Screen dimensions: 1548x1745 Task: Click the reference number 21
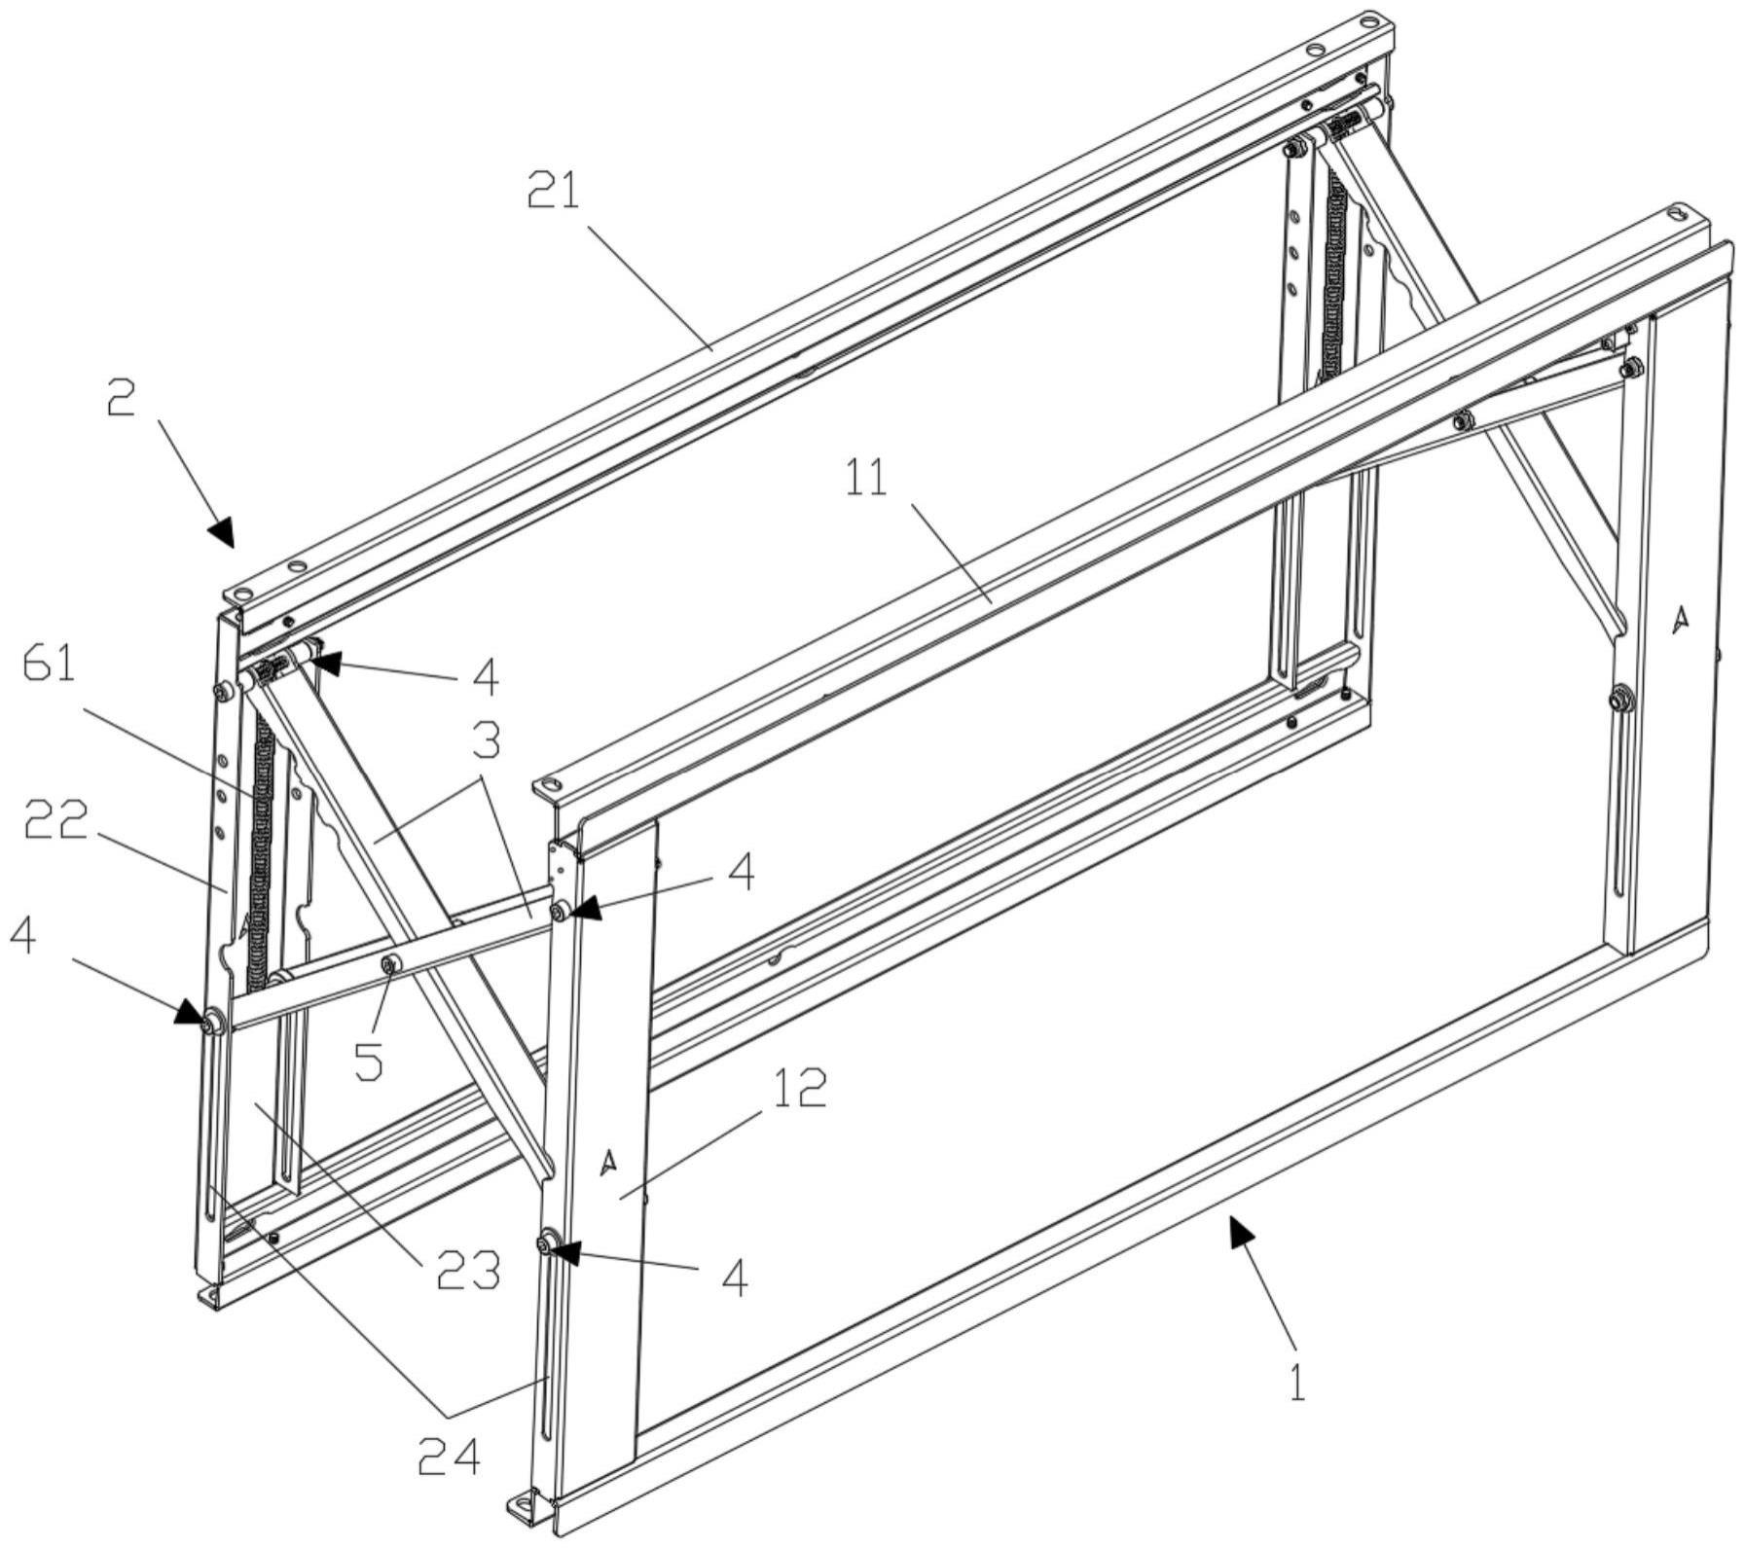pos(553,190)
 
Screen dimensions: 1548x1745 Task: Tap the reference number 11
pos(865,478)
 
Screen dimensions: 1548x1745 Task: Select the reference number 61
pos(52,666)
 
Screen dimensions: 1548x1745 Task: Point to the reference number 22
pos(55,820)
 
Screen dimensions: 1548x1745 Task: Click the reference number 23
pos(467,1269)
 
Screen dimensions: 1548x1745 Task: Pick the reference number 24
pos(449,1456)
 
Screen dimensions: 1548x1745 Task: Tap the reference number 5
pos(369,1061)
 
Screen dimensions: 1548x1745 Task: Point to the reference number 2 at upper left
pos(121,397)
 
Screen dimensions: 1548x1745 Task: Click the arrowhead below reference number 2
pos(223,531)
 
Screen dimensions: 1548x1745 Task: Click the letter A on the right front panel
pos(1679,619)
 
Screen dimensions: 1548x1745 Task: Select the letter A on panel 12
pos(608,1160)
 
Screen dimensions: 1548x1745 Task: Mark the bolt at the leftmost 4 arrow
pos(210,1023)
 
